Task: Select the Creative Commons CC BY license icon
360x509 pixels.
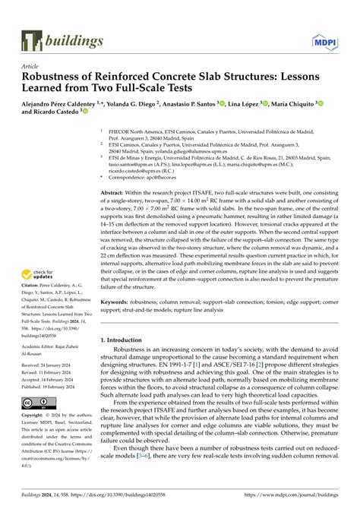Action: (x=37, y=400)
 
